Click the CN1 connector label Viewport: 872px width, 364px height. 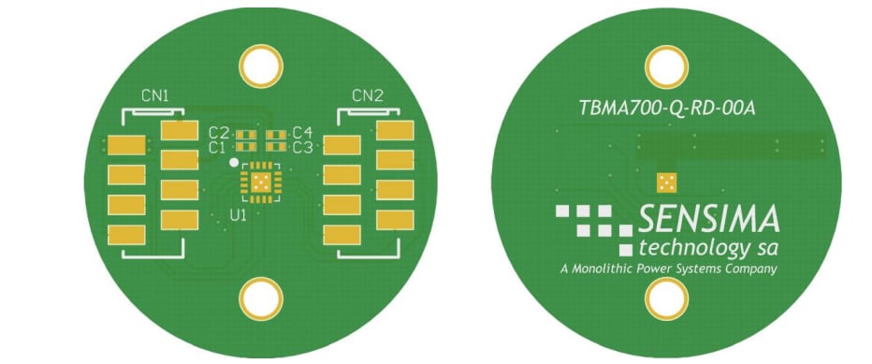click(x=155, y=95)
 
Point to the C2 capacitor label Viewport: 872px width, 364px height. click(x=218, y=133)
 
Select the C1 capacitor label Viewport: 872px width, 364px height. click(x=218, y=147)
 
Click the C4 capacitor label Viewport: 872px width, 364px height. click(x=301, y=133)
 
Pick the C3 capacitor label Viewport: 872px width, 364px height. click(x=301, y=147)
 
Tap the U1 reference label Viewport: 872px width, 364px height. click(x=239, y=215)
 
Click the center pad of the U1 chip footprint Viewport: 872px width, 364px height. click(x=261, y=181)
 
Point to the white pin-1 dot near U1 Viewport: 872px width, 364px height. click(x=233, y=162)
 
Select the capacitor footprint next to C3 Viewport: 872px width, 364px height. click(x=276, y=147)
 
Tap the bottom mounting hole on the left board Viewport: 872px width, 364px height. click(x=261, y=299)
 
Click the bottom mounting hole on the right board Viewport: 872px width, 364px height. click(x=667, y=300)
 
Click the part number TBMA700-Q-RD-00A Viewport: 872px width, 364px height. click(x=667, y=108)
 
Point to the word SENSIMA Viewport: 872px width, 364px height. click(x=708, y=220)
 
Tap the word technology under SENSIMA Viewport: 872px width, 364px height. click(x=685, y=248)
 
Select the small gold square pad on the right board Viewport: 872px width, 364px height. click(x=667, y=182)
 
